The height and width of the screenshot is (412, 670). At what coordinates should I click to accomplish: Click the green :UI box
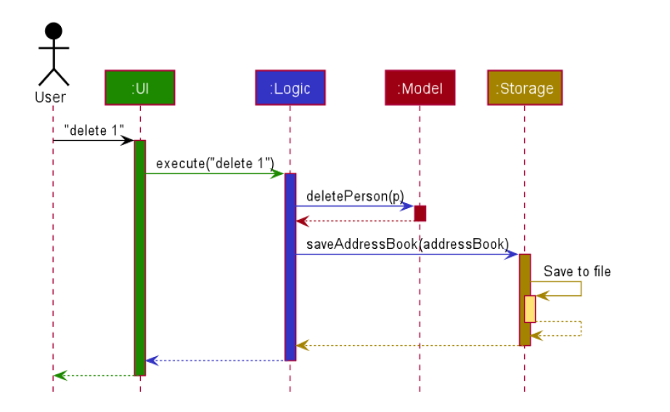(139, 88)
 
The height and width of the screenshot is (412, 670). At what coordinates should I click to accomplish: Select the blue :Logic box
(290, 88)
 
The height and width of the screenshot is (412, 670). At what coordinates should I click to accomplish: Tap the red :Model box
(420, 88)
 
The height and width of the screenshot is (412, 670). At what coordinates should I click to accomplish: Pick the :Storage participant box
(524, 88)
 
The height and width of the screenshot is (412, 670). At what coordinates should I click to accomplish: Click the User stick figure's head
(53, 31)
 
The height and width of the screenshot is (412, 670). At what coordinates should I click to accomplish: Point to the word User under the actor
(50, 97)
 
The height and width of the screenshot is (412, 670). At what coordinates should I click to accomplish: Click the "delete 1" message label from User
(94, 130)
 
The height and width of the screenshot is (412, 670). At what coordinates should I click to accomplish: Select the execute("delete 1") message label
(214, 163)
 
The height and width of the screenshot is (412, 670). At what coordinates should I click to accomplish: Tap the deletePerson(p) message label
(355, 196)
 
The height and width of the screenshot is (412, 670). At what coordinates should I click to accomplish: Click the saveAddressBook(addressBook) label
(407, 244)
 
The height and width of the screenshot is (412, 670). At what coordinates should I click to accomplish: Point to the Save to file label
(577, 272)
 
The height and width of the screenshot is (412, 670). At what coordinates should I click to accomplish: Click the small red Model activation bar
(420, 213)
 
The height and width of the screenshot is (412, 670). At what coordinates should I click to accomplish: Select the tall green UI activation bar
(139, 257)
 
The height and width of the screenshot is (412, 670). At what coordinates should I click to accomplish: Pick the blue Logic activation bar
(290, 266)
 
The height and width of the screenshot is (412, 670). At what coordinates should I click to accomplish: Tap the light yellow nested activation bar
(530, 308)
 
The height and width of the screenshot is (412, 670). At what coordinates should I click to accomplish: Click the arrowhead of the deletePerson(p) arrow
(409, 206)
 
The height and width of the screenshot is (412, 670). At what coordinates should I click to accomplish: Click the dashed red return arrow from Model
(355, 221)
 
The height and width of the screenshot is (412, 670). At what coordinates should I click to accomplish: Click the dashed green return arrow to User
(94, 375)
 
